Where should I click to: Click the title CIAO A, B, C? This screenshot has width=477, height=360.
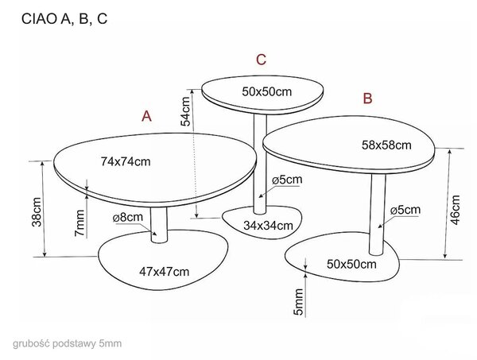64,18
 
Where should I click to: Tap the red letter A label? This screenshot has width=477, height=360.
146,116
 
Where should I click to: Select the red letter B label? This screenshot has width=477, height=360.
368,99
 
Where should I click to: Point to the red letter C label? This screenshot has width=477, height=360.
262,60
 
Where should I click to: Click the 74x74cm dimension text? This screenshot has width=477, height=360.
126,161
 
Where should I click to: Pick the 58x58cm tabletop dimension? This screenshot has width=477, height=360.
386,145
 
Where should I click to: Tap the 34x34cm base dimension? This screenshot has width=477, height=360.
268,226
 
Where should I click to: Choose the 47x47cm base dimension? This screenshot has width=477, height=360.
165,272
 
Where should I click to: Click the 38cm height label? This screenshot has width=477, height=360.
37,212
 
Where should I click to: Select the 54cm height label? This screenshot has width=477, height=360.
185,111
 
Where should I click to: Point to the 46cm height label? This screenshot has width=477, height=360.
455,210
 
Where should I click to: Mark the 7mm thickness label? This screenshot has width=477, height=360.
79,223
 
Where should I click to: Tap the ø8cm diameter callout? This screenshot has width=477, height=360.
128,218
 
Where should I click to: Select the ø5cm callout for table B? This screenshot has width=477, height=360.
405,210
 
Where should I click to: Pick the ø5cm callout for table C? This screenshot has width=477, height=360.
287,180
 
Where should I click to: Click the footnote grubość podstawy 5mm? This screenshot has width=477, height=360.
68,344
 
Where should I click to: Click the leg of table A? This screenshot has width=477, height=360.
159,225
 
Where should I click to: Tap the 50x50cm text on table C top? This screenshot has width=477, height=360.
267,91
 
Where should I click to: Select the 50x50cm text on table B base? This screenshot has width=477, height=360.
351,264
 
